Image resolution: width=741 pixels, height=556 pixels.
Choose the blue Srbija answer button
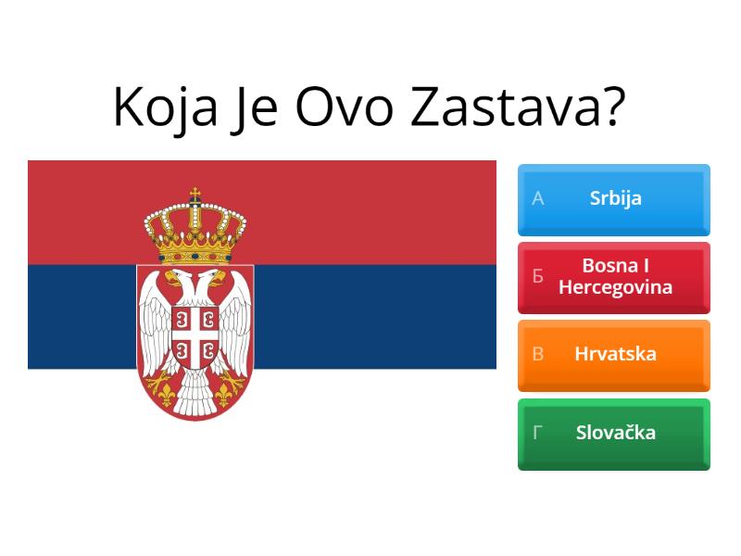[614, 199]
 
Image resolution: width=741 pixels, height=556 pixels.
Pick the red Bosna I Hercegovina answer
[614, 277]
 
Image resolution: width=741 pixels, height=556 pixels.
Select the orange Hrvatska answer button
[614, 355]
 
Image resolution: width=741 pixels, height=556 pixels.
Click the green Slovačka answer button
[614, 434]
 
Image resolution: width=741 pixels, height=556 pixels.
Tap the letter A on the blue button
[537, 198]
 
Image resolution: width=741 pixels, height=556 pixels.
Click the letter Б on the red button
[537, 277]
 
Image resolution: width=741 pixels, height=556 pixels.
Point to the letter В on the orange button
[537, 354]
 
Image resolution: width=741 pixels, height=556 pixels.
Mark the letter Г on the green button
[537, 433]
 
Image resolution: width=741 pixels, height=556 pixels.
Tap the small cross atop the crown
[195, 195]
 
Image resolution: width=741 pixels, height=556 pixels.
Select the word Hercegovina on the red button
[615, 287]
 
